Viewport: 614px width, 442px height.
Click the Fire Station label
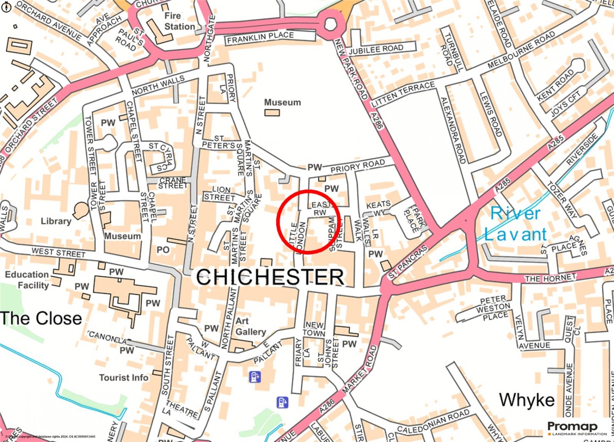(179, 21)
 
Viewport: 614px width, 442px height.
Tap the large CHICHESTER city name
(270, 277)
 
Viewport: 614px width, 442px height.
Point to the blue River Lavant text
(516, 224)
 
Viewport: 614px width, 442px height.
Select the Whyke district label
(526, 400)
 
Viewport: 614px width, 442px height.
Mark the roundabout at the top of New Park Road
(331, 25)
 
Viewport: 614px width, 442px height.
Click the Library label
(56, 221)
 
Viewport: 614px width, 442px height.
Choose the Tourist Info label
(124, 377)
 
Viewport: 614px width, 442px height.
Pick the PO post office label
(163, 250)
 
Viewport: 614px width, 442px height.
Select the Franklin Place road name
(260, 38)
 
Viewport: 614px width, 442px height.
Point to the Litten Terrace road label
(403, 95)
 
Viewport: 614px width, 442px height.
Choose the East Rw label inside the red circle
(321, 208)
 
